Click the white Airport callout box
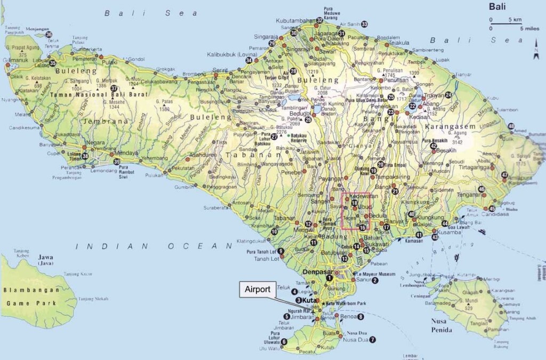(258, 290)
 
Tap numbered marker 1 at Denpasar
(330, 277)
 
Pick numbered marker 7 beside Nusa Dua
(372, 340)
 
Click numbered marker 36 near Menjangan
(49, 35)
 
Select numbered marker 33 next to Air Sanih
(364, 24)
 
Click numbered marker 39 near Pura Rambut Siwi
(117, 162)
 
